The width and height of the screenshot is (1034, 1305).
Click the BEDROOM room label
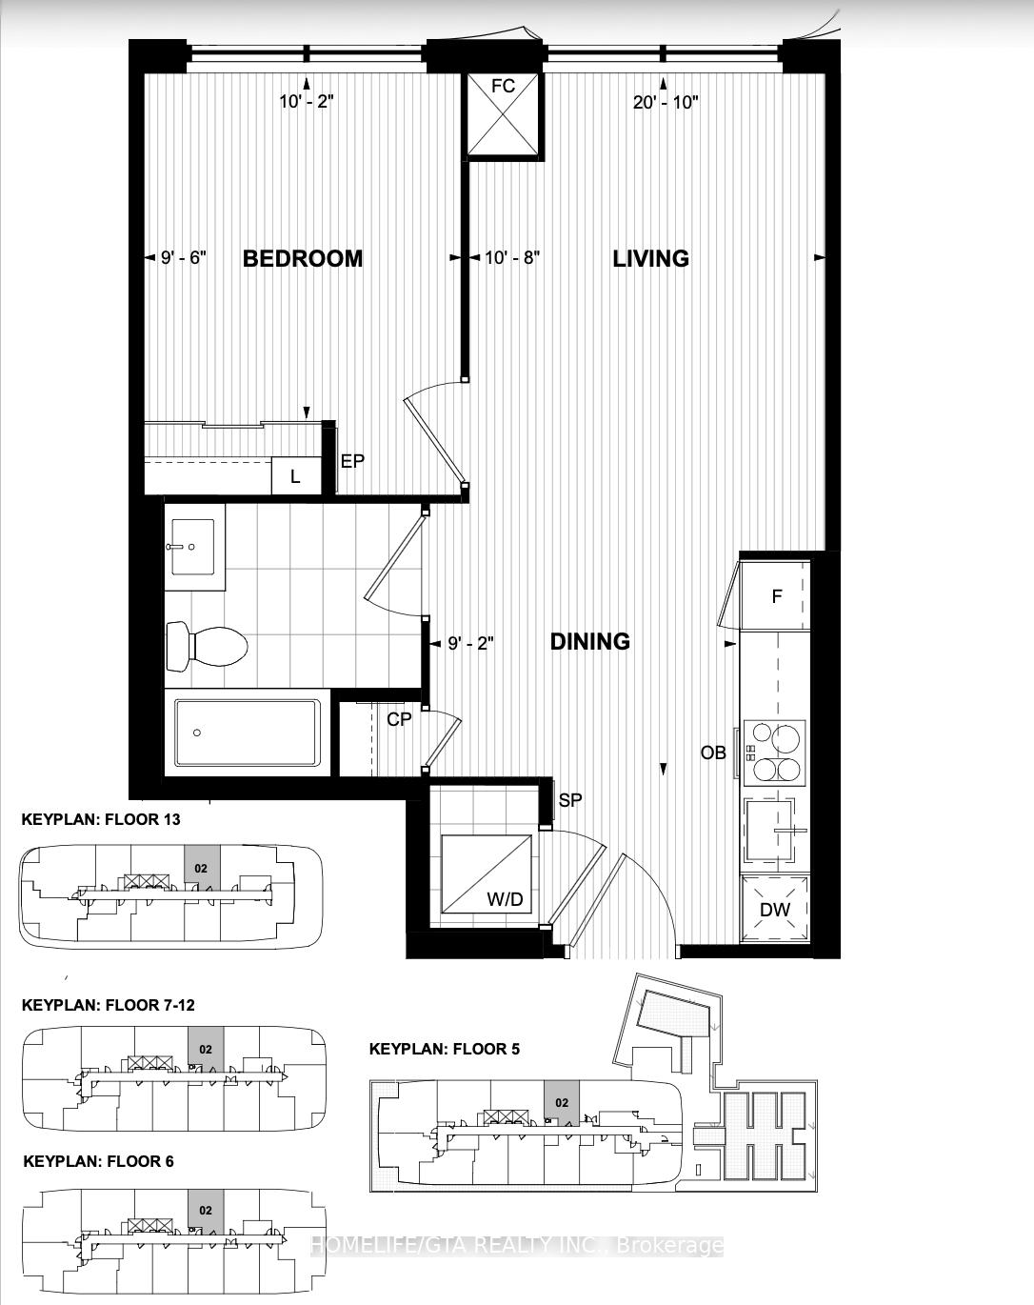point(303,258)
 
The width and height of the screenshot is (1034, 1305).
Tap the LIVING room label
point(650,258)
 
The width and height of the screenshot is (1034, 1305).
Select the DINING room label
point(590,641)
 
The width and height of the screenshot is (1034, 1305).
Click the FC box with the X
point(503,114)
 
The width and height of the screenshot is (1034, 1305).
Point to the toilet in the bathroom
point(208,647)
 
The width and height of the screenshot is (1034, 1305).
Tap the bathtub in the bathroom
point(248,733)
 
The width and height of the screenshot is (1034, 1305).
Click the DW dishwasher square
point(775,909)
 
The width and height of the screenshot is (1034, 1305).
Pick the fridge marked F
point(776,597)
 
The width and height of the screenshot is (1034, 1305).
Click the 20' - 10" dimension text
point(666,102)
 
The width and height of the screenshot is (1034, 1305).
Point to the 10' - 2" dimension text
point(307,102)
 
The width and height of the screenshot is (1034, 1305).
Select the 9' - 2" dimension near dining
point(470,643)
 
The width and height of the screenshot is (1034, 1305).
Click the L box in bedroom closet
point(295,476)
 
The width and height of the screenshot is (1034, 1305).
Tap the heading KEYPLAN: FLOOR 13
point(101,819)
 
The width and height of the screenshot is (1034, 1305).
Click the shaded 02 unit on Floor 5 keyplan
point(562,1102)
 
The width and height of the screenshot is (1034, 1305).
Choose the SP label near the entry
point(569,800)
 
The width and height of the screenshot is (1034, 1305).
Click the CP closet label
point(399,719)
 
